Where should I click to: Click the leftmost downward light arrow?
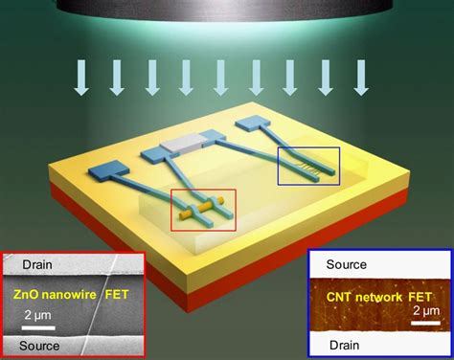pyautogui.click(x=82, y=79)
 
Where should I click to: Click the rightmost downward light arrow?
pyautogui.click(x=361, y=79)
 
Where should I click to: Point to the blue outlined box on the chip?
pyautogui.click(x=307, y=165)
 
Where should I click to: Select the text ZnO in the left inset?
pyautogui.click(x=29, y=295)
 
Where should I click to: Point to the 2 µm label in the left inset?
pyautogui.click(x=37, y=315)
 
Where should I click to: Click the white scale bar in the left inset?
pyautogui.click(x=38, y=326)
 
